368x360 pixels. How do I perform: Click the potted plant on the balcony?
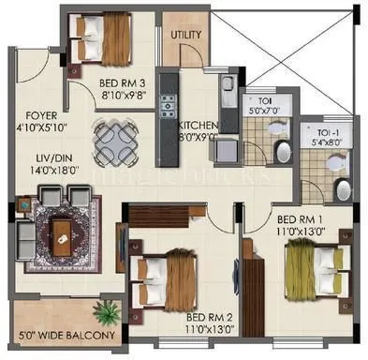[109, 311]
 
